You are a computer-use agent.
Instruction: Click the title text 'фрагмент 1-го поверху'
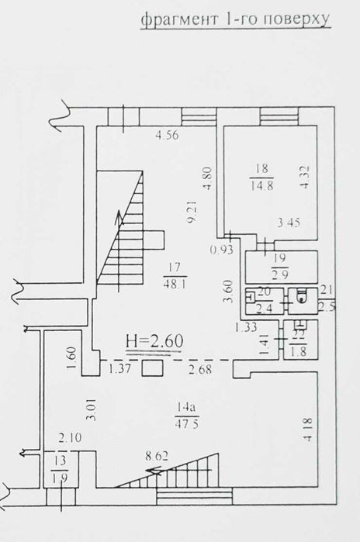236,19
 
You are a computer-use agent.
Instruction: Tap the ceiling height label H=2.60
154,341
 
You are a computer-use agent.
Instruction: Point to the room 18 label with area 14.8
261,177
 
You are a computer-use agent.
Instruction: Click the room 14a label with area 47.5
187,416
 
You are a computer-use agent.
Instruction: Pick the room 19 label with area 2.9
280,267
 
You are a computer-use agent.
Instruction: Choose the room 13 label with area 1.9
60,469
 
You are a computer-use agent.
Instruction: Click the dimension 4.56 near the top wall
167,134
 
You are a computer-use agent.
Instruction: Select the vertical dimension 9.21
192,212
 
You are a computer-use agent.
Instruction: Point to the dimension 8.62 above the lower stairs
157,456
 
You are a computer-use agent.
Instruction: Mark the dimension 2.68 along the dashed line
200,369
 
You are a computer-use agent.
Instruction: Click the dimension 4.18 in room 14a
307,430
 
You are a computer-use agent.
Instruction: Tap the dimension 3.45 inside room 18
289,223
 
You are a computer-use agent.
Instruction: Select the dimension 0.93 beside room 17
222,249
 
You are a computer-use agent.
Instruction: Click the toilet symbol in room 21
302,296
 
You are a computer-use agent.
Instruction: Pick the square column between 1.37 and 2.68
153,368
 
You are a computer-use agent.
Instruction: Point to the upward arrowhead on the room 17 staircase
119,218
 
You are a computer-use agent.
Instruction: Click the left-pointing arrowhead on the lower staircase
154,470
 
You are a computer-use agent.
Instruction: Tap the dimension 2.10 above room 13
70,438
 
